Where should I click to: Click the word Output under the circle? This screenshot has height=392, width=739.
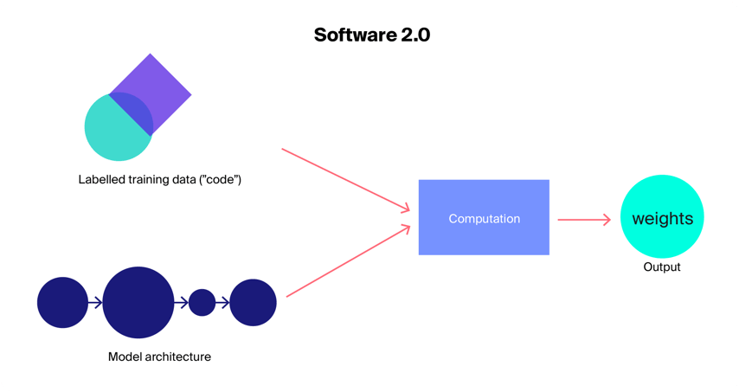pyautogui.click(x=662, y=267)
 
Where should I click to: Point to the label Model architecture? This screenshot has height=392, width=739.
pyautogui.click(x=159, y=357)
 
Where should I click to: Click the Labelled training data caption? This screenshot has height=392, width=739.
pyautogui.click(x=159, y=180)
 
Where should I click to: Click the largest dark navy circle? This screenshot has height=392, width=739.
pyautogui.click(x=138, y=303)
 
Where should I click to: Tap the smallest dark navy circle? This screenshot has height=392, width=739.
pyautogui.click(x=202, y=303)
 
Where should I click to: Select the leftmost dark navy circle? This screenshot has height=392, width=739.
pyautogui.click(x=62, y=303)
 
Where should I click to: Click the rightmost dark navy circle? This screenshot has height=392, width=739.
pyautogui.click(x=253, y=303)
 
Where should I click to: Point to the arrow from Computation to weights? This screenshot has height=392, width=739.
pyautogui.click(x=584, y=220)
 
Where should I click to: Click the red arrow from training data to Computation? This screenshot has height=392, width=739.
pyautogui.click(x=345, y=179)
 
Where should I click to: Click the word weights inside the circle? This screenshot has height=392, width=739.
pyautogui.click(x=662, y=219)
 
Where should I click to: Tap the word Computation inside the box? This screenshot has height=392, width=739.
pyautogui.click(x=484, y=219)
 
